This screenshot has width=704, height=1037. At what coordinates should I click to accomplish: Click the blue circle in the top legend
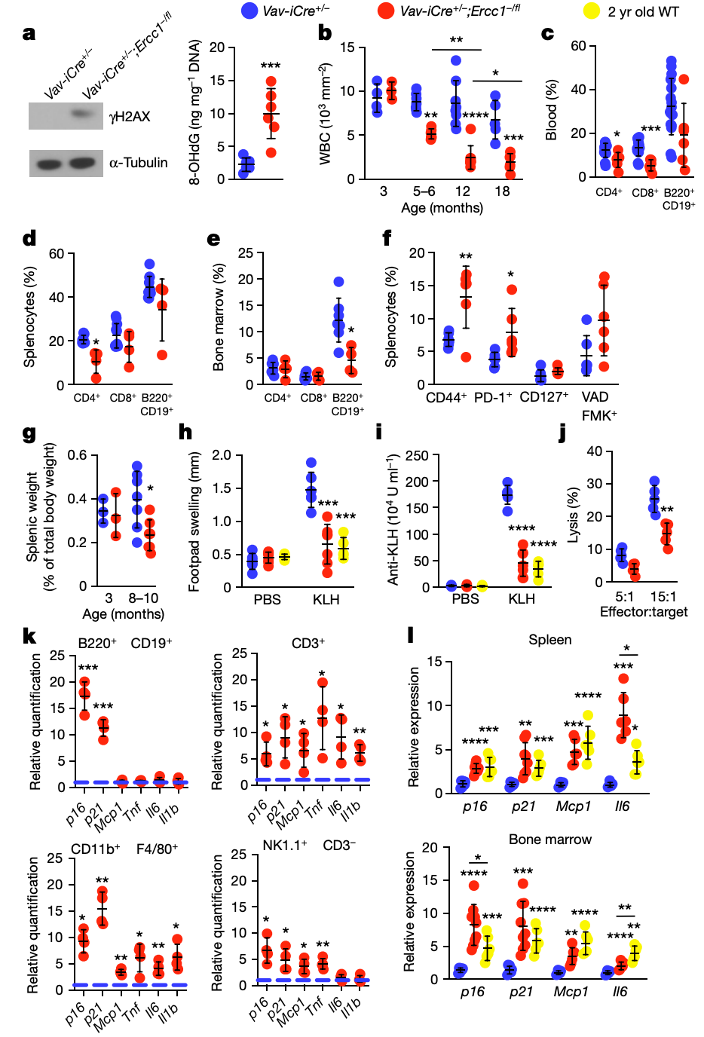pos(249,11)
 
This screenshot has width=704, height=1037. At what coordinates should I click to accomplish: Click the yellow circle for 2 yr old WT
pos(592,11)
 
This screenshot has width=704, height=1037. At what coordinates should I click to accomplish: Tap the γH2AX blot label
pos(130,117)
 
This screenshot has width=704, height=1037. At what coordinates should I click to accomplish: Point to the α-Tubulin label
pos(138,163)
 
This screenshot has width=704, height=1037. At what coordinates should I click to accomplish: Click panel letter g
pos(29,433)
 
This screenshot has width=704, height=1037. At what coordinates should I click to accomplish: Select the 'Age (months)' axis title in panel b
pos(442,208)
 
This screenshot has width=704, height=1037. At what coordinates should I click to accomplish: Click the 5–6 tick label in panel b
pos(424,191)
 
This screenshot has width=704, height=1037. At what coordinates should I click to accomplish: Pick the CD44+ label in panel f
pos(446,397)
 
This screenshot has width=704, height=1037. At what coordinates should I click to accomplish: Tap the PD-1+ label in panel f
pos(493,397)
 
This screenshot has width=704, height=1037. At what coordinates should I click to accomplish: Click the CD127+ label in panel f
pos(543,397)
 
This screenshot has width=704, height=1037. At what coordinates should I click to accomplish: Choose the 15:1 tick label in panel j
pos(663,597)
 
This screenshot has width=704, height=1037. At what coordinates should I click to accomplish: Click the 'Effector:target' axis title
pos(644,612)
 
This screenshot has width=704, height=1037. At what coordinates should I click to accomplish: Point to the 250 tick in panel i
pos(417,455)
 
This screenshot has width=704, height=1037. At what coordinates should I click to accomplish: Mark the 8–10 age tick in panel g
pos(143,598)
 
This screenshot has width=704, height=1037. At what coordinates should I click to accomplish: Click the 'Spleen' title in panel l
pos(549,640)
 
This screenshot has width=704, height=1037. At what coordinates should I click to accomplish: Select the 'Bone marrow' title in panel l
pos(549,840)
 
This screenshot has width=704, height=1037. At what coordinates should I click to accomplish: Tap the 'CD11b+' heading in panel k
pos(95,849)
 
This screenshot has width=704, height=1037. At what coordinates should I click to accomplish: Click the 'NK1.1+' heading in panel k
pos(284,846)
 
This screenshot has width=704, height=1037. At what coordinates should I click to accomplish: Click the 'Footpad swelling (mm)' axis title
pos(194,522)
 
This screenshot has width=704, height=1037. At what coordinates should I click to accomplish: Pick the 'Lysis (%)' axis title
pos(573,515)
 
